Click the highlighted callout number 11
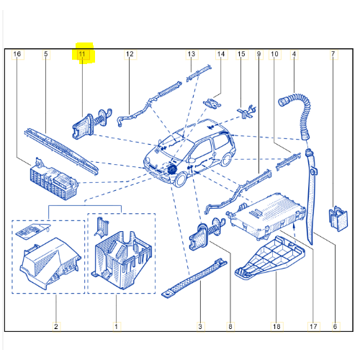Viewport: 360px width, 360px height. (82, 54)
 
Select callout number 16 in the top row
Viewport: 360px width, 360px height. (17, 54)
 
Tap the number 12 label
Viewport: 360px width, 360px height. (130, 54)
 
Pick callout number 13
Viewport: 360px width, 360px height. (192, 54)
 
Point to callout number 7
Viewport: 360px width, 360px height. (333, 54)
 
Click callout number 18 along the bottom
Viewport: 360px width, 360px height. (276, 326)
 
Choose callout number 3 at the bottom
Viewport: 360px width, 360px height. (200, 326)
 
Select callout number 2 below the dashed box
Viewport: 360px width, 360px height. (56, 326)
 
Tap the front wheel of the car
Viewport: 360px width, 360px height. (181, 180)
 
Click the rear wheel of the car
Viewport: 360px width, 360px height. (226, 159)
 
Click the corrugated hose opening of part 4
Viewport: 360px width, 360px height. (283, 102)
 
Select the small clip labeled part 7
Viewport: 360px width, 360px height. (338, 218)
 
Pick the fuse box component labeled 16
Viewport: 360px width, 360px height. (54, 181)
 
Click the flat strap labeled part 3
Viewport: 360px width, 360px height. (194, 279)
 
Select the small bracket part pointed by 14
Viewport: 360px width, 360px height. (212, 104)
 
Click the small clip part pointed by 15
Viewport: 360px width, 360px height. (247, 112)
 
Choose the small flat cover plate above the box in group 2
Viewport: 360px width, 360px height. (32, 231)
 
